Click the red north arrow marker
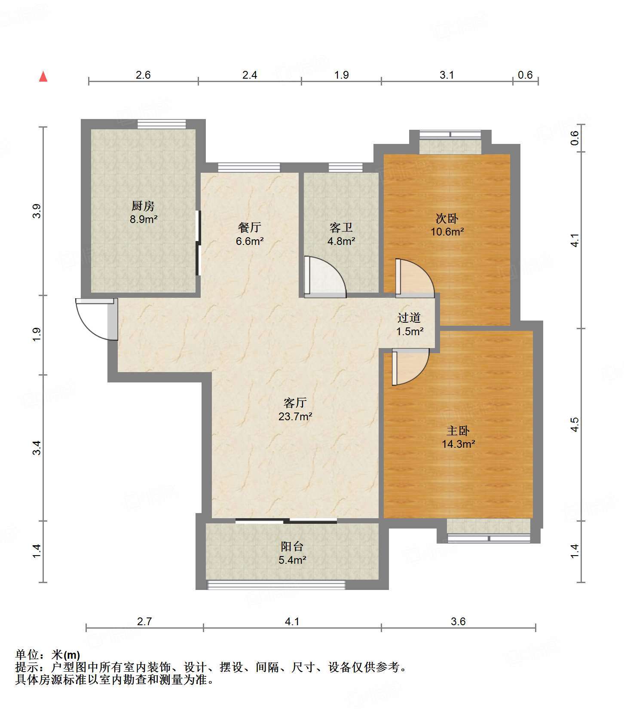pos(43,76)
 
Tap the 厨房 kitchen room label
pos(143,206)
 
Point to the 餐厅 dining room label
pos(250,227)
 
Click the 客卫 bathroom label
pos(341,227)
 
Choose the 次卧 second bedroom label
pos(447,219)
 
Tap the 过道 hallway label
pos(409,318)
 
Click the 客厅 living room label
pos(295,403)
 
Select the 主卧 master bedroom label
pos(458,431)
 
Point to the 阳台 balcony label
pos(292,546)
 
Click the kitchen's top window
pos(162,124)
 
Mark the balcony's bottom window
pos(276,585)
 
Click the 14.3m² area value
pos(458,444)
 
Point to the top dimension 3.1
pos(447,75)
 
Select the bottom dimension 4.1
pos(292,621)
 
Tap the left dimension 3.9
pos(37,211)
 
